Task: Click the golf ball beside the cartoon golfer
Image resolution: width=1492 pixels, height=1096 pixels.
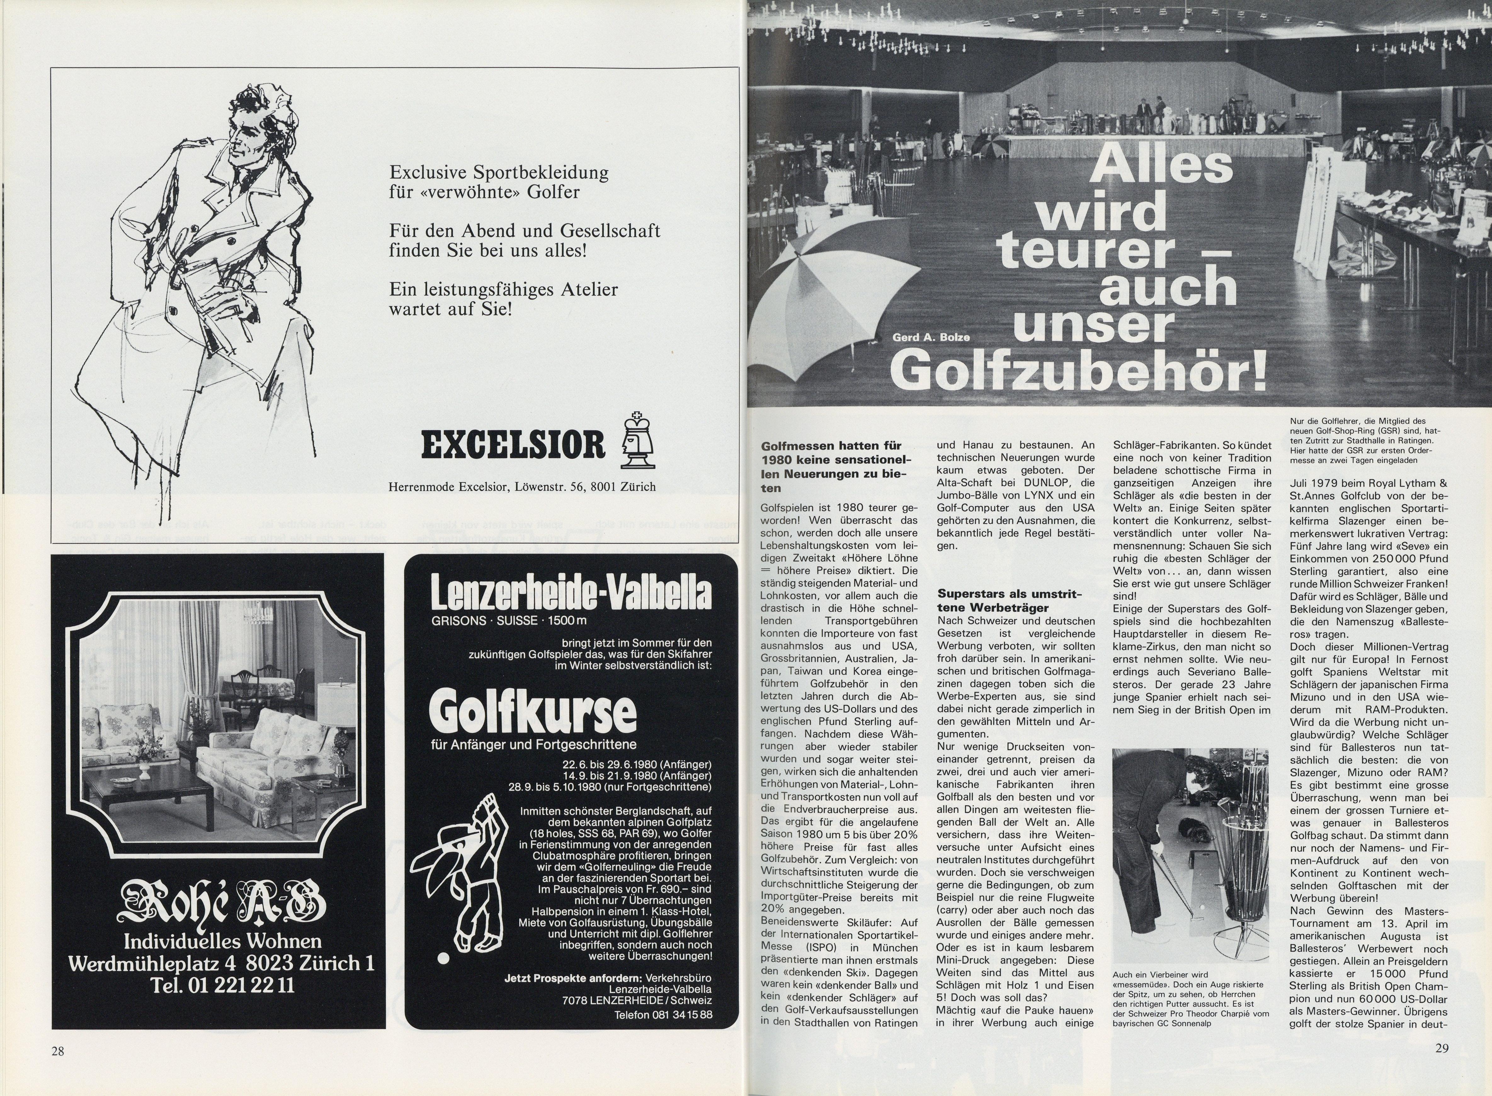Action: tap(442, 976)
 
